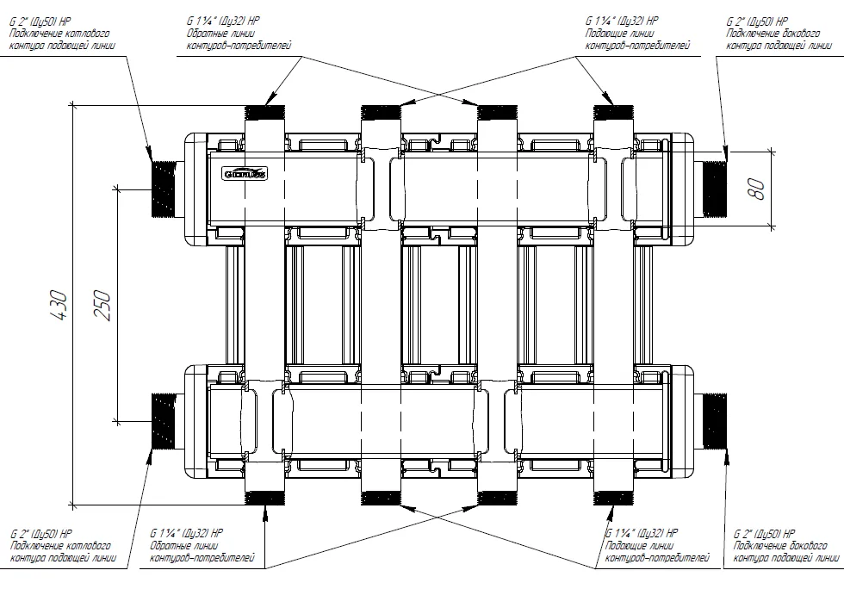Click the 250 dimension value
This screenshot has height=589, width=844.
pos(102,304)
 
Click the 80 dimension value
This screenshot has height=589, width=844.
pos(757,189)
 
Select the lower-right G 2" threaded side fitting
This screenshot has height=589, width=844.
pos(716,420)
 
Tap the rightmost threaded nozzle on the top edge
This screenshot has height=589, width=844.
pos(614,113)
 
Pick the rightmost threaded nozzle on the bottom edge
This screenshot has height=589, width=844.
pos(614,498)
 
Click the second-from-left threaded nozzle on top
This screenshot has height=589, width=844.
pos(381,113)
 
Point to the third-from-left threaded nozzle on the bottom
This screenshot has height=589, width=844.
pos(497,498)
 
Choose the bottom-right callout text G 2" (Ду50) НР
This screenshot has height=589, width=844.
pos(762,534)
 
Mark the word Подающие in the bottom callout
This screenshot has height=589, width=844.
pos(627,546)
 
